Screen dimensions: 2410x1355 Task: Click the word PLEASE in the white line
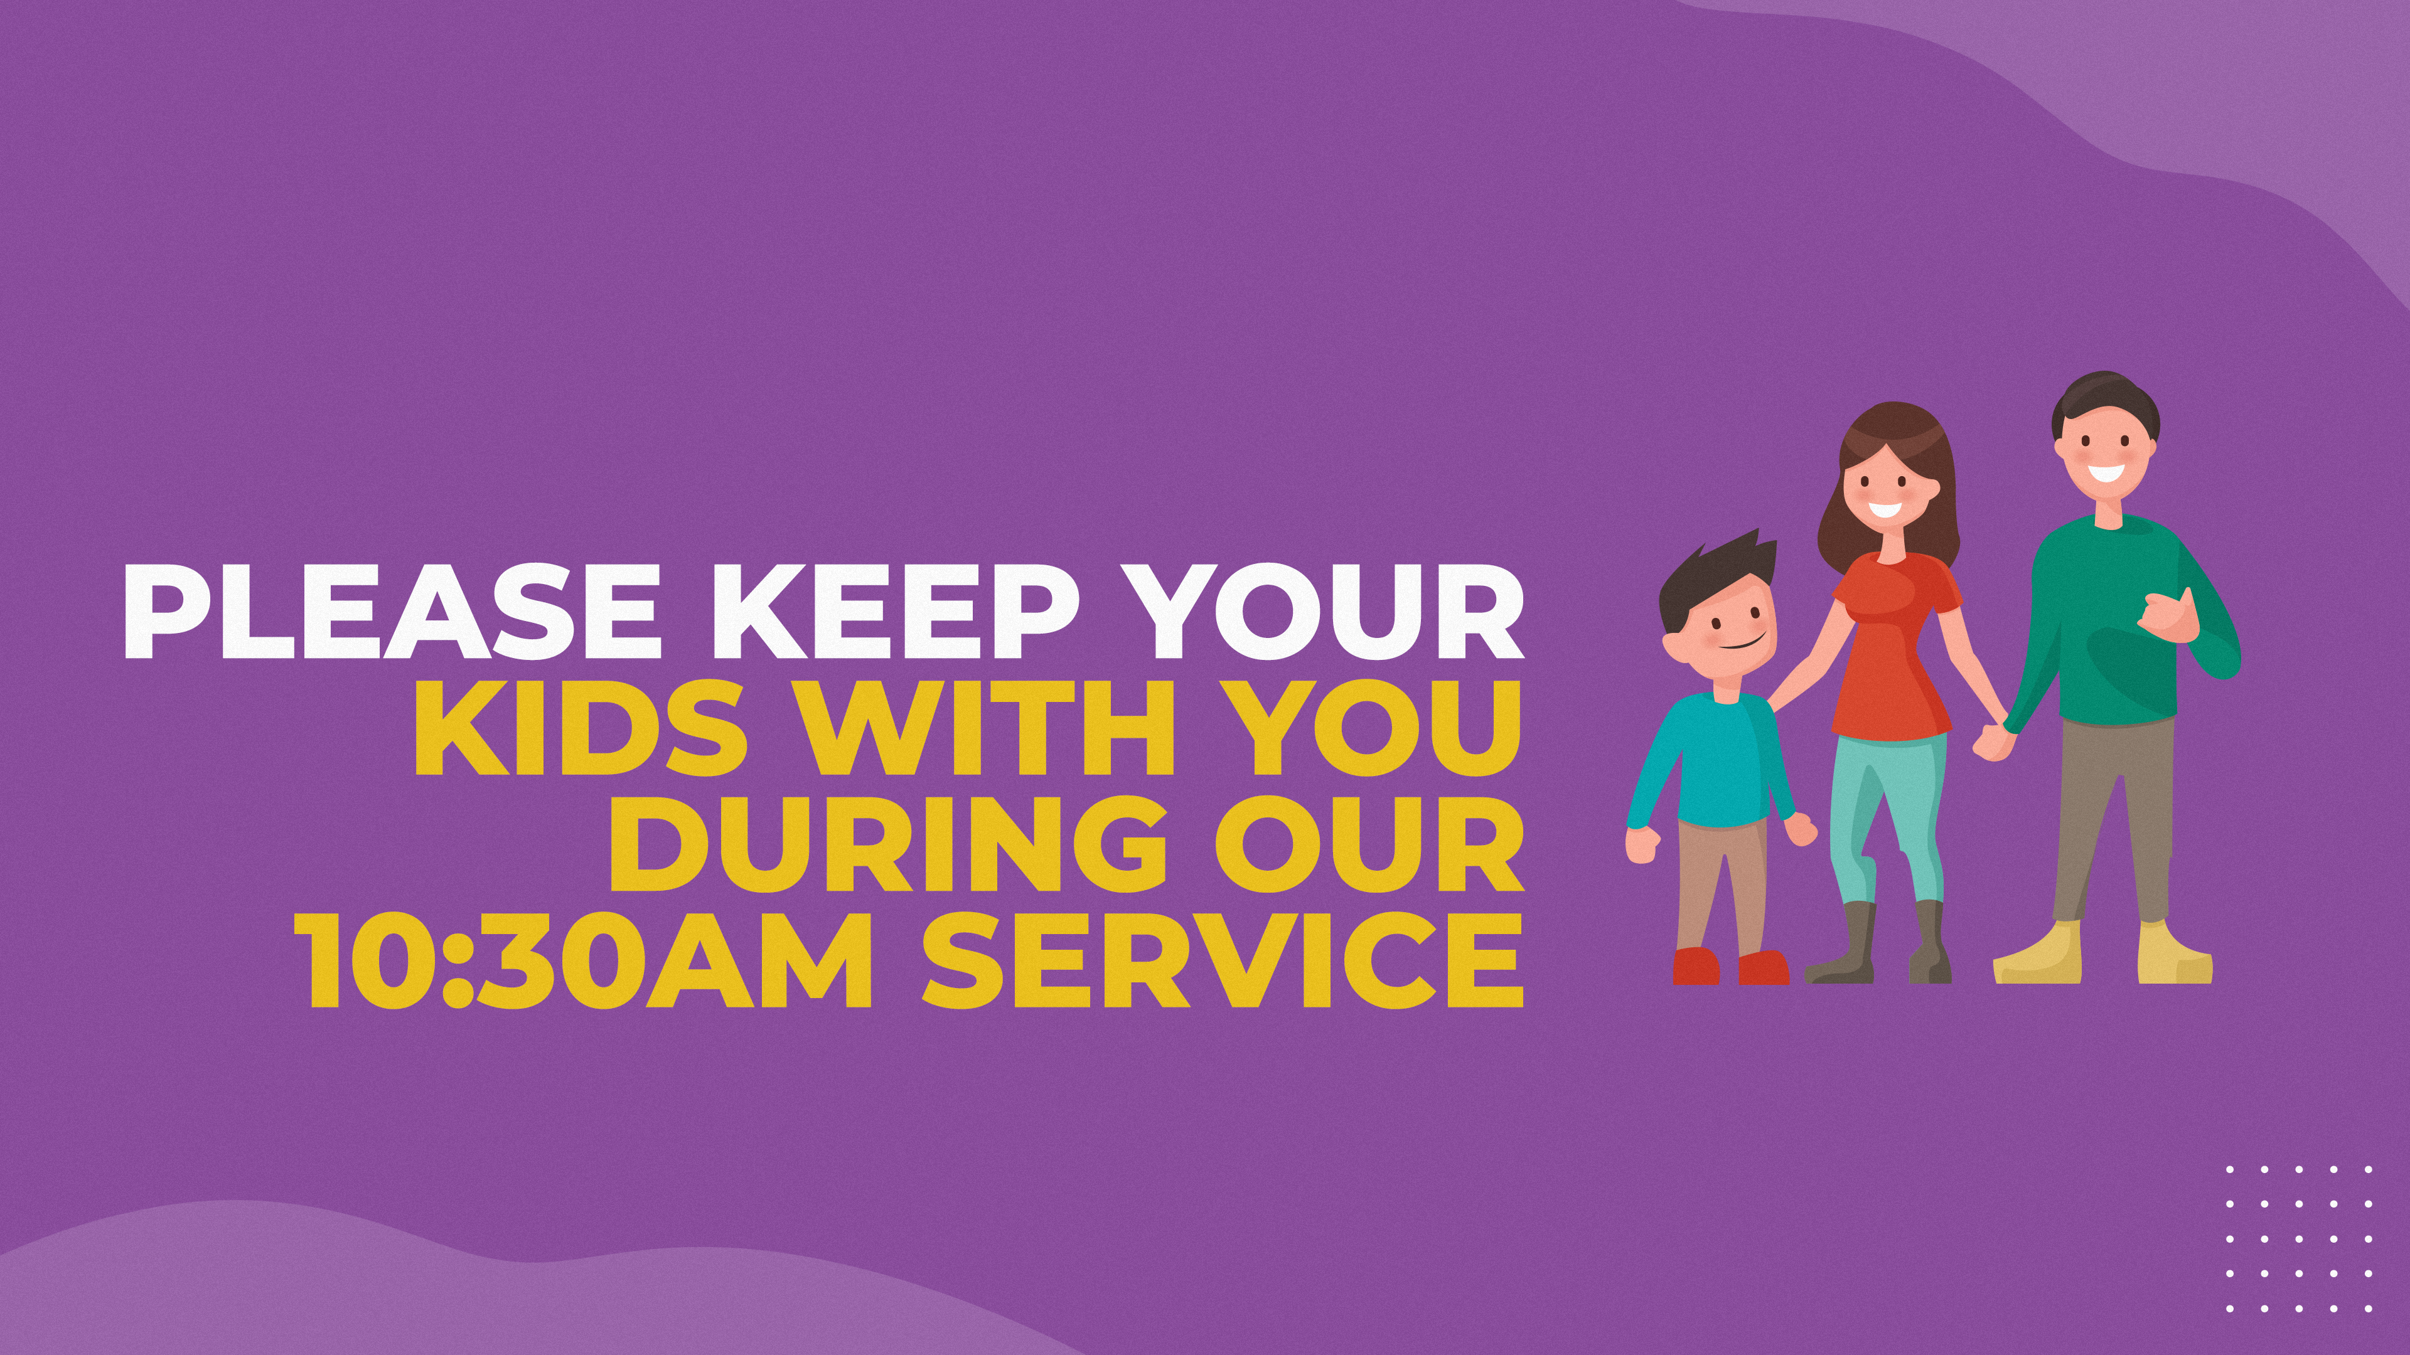point(391,612)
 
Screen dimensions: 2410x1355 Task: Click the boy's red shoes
point(1731,966)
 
